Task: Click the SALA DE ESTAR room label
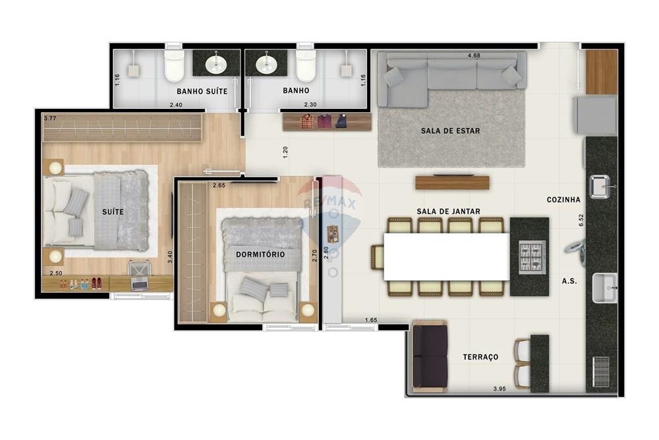pos(450,131)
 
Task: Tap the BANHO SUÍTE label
pos(202,91)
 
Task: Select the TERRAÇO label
pos(480,357)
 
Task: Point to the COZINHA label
pos(563,199)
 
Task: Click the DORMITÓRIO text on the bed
pos(260,254)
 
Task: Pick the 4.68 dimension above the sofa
pos(473,56)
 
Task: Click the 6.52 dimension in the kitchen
pos(581,220)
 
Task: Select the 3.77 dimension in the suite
pos(50,119)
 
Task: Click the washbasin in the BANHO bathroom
pos(266,64)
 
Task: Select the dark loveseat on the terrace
pos(429,356)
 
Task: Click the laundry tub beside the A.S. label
pos(604,288)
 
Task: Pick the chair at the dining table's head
pos(378,257)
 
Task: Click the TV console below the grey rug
pos(452,182)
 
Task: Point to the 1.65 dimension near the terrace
pos(371,321)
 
